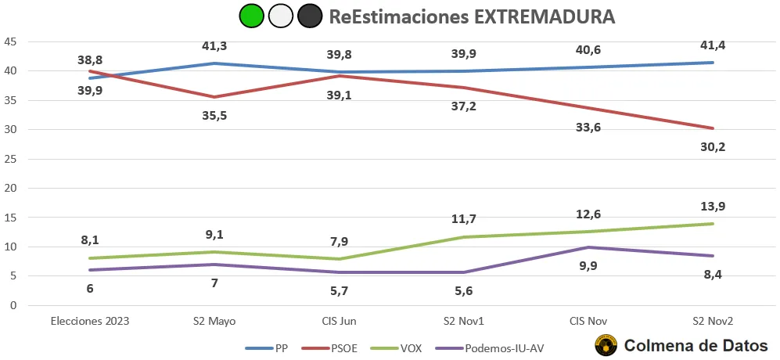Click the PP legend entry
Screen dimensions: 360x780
coord(271,347)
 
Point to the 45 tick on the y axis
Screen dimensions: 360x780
coord(10,41)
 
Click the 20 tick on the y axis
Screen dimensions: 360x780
coord(10,188)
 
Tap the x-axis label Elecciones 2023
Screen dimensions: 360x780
coord(89,321)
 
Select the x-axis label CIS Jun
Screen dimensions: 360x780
coord(339,321)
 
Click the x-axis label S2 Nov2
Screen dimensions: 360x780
coord(713,321)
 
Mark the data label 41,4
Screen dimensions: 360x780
coord(713,45)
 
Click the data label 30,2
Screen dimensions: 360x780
coord(713,146)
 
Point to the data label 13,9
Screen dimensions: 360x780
coord(713,205)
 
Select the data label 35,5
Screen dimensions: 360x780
coord(214,115)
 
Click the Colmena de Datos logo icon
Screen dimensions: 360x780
coord(606,345)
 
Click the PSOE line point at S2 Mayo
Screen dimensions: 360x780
coord(214,97)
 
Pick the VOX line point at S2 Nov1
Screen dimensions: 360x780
coord(464,237)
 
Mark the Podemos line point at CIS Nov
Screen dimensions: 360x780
coord(588,247)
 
